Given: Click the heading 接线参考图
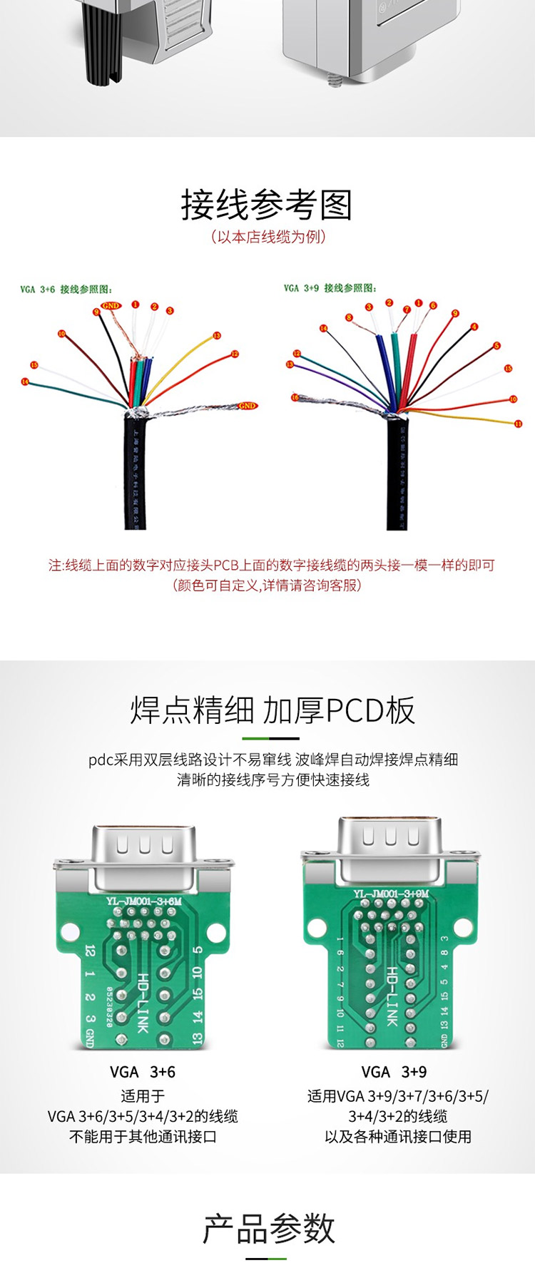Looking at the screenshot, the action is (267, 205).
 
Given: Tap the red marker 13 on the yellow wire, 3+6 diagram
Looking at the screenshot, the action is (216, 335).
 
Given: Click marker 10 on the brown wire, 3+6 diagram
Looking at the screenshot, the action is (61, 334).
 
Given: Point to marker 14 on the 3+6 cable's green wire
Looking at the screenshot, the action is (25, 382).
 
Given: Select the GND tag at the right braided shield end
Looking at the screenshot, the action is (247, 406).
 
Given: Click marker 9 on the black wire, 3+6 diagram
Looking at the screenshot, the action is (96, 312).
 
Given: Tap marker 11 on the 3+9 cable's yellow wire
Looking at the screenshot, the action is (518, 424).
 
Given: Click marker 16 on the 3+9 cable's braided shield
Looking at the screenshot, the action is (295, 397).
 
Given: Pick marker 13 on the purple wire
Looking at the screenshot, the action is (290, 364).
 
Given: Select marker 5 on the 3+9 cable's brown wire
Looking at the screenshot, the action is (496, 346).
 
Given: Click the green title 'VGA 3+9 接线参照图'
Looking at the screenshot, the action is (330, 288).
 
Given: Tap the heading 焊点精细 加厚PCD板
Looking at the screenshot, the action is (272, 710).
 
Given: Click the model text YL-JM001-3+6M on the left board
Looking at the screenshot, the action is (143, 901).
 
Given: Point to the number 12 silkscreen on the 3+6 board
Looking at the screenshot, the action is (90, 951).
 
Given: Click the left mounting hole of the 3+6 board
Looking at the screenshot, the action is (71, 931).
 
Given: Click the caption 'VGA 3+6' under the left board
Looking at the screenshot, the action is (143, 1072).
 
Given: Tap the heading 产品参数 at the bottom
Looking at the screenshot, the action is (268, 1229).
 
